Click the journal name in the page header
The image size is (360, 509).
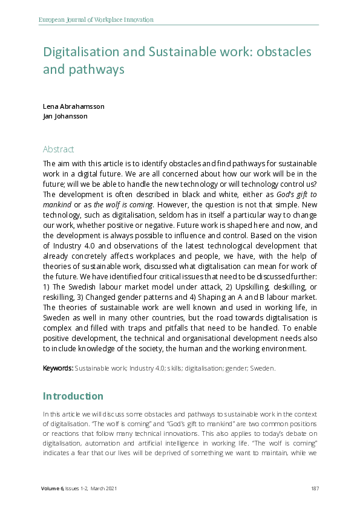[x=96, y=19]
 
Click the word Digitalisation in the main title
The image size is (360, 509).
[x=81, y=52]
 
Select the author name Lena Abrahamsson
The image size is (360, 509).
[x=73, y=106]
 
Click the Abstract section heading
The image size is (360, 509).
[x=58, y=149]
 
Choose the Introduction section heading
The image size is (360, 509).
[x=73, y=397]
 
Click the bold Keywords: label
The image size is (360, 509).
[x=58, y=368]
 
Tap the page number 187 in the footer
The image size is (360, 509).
[x=314, y=488]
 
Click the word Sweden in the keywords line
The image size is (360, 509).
[x=262, y=368]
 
